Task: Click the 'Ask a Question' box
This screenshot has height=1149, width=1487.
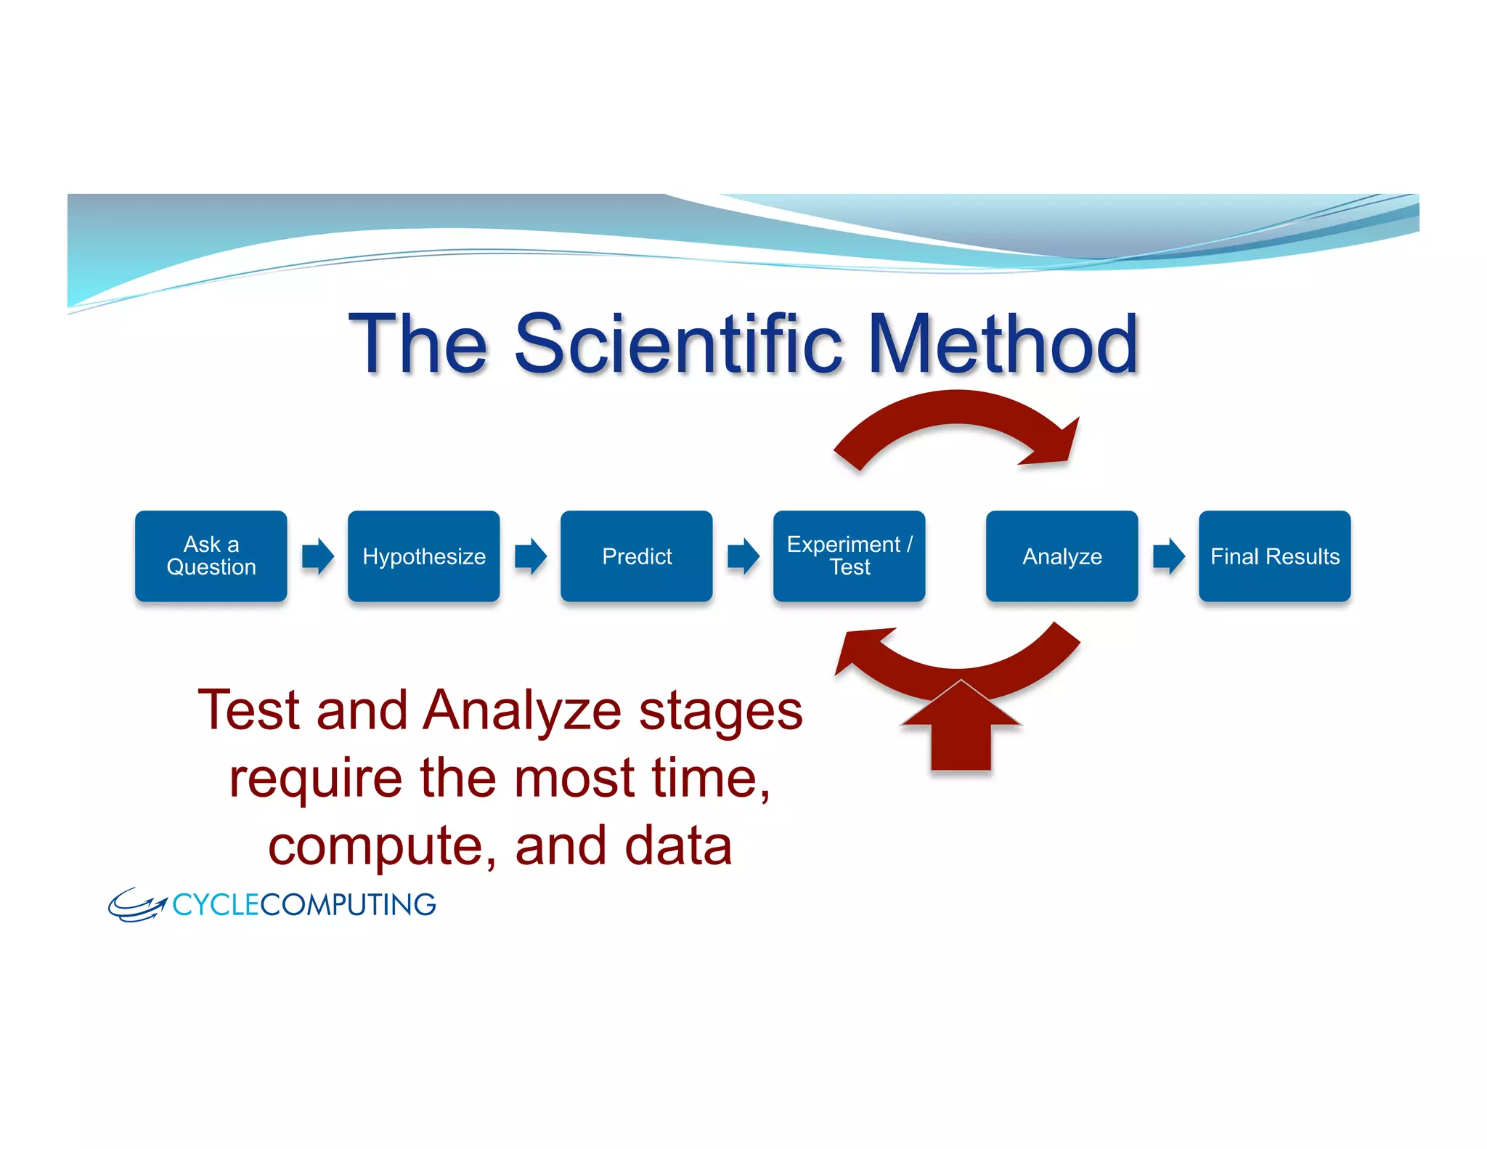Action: [x=211, y=556]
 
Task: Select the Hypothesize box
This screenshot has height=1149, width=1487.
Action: [x=423, y=556]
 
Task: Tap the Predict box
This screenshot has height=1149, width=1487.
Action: [x=636, y=556]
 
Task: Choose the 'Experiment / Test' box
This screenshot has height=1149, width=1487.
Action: [x=849, y=556]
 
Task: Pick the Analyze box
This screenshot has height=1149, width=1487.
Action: [x=1062, y=556]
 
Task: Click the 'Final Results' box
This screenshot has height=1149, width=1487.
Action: [x=1274, y=556]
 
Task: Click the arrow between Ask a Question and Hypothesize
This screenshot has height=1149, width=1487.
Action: [x=317, y=556]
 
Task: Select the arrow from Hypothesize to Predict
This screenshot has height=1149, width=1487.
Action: [x=530, y=556]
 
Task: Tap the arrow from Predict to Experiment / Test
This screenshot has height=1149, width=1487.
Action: [x=743, y=556]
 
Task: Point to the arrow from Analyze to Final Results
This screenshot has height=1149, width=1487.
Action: [x=1168, y=556]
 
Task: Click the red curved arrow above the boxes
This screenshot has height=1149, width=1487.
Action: [x=958, y=410]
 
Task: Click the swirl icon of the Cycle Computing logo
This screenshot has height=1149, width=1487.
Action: [x=137, y=905]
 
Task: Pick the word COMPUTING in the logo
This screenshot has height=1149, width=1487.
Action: [x=348, y=905]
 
